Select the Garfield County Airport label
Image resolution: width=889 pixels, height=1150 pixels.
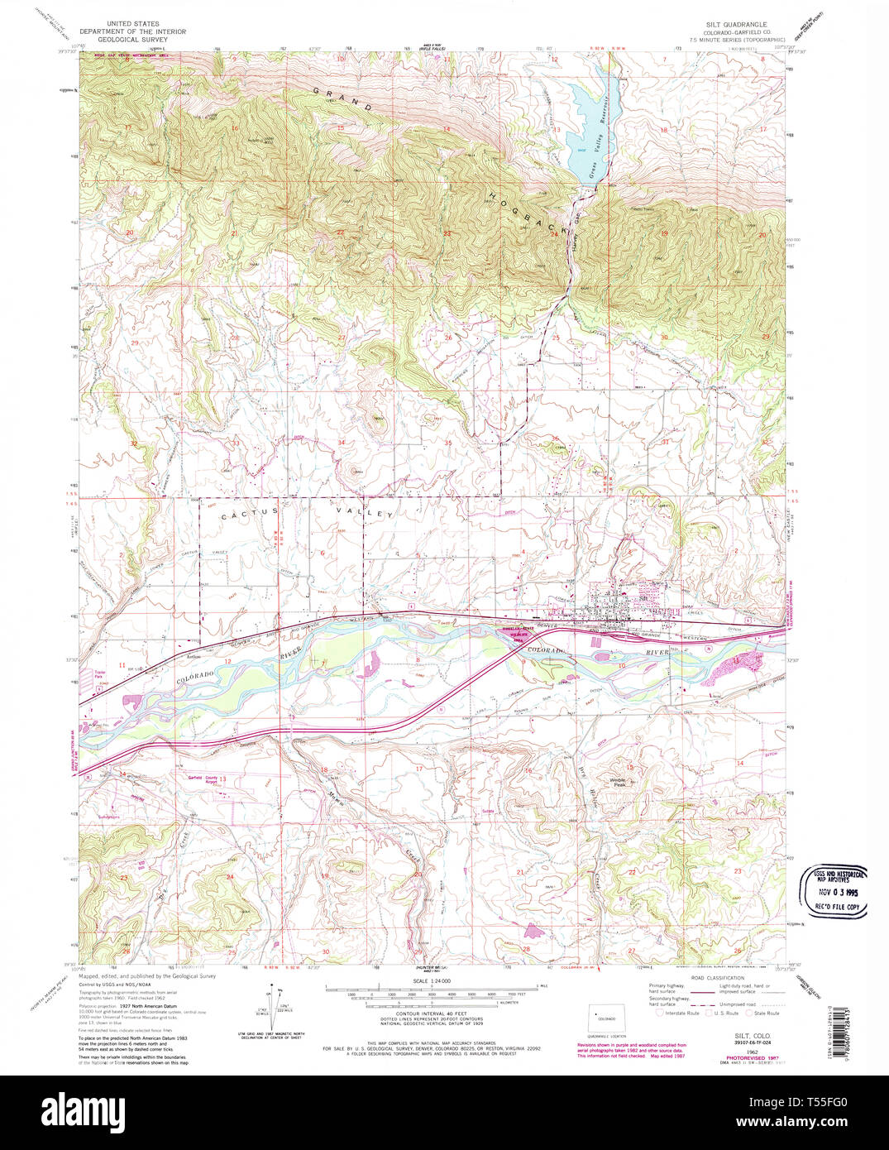click(x=201, y=779)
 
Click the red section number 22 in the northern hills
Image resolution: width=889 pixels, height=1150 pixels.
click(x=340, y=232)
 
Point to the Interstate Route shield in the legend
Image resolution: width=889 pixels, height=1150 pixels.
click(x=660, y=1013)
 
